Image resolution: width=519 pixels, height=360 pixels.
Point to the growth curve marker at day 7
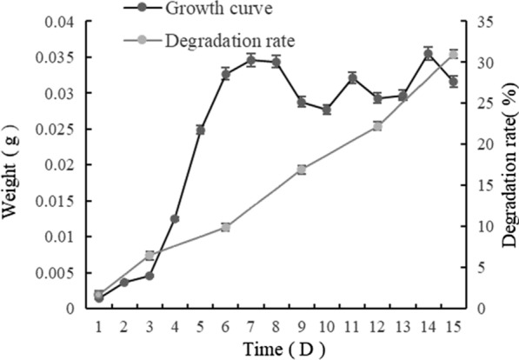(x=250, y=60)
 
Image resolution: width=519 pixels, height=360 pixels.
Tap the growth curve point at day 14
(x=428, y=54)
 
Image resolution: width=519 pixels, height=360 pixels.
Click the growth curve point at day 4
(x=175, y=219)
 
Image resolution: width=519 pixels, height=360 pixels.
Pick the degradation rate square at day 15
(x=453, y=54)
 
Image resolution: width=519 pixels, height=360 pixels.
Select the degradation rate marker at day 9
(x=302, y=170)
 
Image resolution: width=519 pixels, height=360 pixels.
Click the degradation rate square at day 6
(x=225, y=227)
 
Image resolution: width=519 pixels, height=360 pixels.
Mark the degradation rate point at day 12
(x=377, y=126)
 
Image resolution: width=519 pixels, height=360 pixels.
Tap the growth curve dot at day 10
(x=327, y=110)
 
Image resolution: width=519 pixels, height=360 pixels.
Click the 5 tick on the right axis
(x=482, y=268)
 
